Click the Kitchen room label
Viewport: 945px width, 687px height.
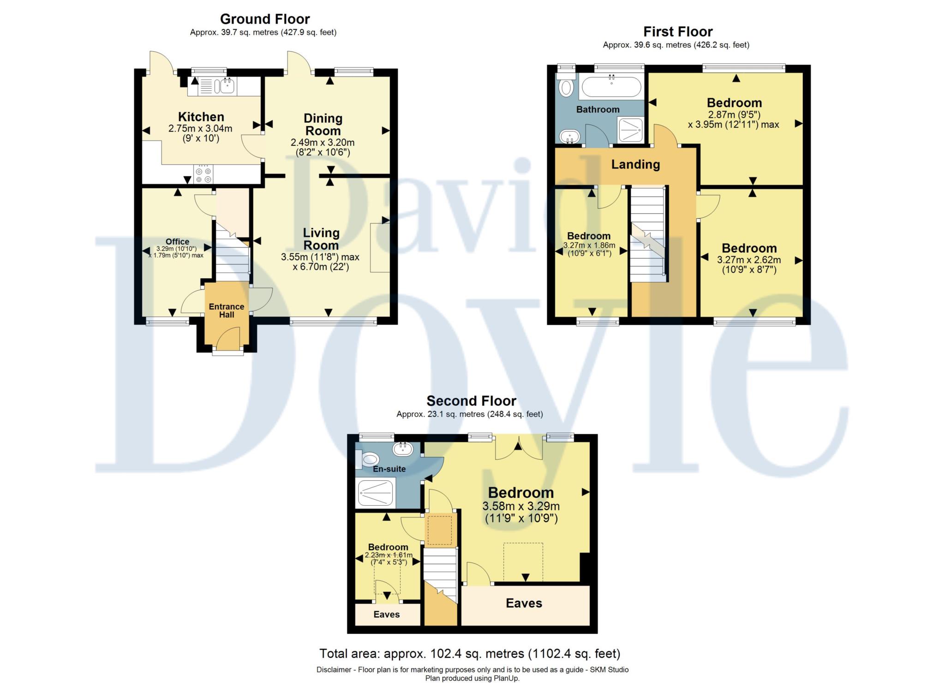(201, 117)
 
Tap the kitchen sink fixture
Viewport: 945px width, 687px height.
(227, 85)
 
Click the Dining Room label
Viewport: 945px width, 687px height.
(323, 125)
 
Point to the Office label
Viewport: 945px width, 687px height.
(177, 242)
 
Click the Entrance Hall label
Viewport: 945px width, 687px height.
(227, 311)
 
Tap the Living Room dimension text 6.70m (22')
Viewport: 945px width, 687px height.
(321, 267)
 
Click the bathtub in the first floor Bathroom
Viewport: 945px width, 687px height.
(611, 86)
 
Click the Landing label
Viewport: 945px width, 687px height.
(635, 164)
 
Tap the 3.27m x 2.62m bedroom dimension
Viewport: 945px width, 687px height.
(749, 260)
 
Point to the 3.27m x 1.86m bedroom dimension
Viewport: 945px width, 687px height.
(589, 245)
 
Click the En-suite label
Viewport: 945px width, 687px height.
(389, 469)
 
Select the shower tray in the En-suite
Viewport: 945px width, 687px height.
(375, 492)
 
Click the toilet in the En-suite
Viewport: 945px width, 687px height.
(369, 459)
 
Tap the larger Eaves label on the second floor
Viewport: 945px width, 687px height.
(524, 603)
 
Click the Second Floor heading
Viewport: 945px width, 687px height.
(471, 400)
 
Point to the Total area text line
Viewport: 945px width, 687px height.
(470, 654)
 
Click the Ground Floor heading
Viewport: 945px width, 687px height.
(265, 19)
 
